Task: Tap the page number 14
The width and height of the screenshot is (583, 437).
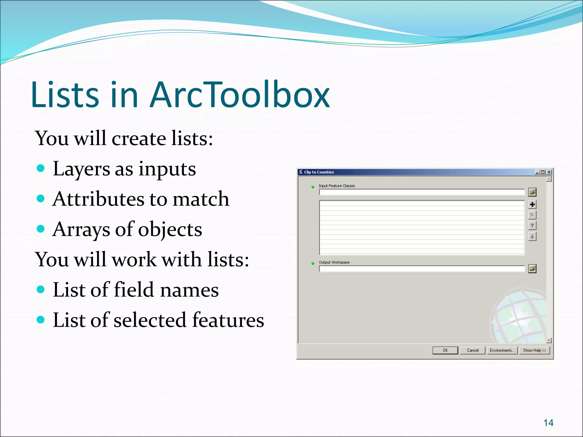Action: [x=548, y=423]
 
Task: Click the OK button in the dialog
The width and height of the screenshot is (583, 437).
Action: [x=445, y=350]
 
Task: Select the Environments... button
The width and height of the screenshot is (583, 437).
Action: [x=502, y=350]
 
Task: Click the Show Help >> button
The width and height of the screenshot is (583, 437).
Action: [x=534, y=350]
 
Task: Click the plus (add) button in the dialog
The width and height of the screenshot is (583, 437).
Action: [x=532, y=204]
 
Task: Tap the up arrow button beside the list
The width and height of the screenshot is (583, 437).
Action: [x=532, y=226]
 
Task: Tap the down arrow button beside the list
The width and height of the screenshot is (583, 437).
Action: [x=532, y=236]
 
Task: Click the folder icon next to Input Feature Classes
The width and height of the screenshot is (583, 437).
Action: [x=532, y=192]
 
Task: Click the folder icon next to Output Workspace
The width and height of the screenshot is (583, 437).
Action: [x=532, y=269]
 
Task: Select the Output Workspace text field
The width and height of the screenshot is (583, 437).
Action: [x=422, y=269]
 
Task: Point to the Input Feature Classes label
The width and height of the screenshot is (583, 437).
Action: [x=337, y=186]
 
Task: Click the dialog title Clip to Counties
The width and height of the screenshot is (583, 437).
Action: [x=319, y=172]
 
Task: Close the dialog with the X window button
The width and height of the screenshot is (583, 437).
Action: [x=549, y=172]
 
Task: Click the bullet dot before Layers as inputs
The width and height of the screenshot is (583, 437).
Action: [x=41, y=168]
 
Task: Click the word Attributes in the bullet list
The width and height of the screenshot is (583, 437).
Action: [x=98, y=199]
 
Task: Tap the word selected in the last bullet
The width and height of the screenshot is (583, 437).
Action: [x=150, y=320]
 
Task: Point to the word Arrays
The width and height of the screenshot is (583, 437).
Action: [x=81, y=229]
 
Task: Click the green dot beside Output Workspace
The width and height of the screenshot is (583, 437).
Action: [x=313, y=263]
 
